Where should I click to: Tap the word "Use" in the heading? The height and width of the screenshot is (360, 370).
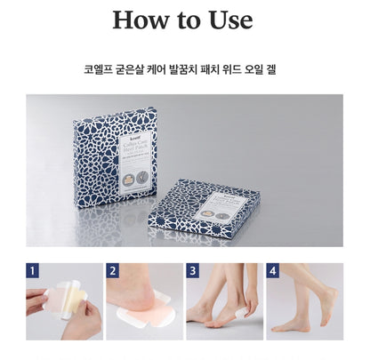227,20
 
